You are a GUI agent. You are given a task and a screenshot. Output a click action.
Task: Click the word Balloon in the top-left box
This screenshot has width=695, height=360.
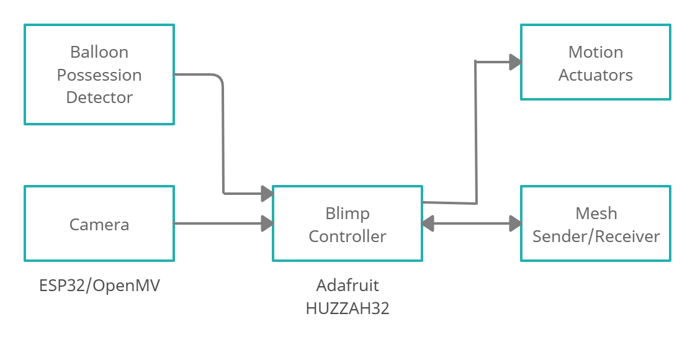click(99, 52)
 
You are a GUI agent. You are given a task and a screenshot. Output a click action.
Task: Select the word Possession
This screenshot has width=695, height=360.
click(99, 75)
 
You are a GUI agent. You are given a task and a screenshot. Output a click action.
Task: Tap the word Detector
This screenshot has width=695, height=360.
click(99, 97)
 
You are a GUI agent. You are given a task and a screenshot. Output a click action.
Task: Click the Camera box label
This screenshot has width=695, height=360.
click(99, 224)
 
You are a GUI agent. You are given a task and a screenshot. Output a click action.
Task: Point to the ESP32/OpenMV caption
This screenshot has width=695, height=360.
click(99, 286)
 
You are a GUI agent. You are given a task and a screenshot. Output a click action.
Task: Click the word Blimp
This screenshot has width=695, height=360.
click(347, 214)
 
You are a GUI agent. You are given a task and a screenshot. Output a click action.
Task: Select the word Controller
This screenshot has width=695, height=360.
click(347, 236)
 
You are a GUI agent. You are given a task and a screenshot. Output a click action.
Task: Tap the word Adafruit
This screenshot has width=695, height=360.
click(347, 286)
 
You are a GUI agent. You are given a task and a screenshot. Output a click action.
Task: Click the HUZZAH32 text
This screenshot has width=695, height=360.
click(347, 308)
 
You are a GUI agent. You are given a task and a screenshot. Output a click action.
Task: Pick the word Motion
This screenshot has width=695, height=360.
click(596, 52)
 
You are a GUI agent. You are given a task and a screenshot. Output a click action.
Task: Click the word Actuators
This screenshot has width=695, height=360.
click(596, 75)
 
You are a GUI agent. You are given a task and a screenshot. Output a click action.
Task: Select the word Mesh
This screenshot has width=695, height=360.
click(596, 214)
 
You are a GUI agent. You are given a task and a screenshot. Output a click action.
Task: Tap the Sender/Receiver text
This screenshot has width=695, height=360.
click(596, 236)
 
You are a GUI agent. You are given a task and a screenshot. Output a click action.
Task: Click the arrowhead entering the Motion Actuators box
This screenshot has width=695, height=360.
click(514, 61)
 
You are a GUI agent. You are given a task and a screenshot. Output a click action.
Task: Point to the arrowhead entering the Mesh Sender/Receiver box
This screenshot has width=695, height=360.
click(515, 223)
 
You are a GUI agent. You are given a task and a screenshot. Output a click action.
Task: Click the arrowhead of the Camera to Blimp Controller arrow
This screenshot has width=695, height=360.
click(267, 223)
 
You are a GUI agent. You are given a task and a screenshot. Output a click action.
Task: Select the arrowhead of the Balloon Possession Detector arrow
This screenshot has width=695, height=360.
click(267, 194)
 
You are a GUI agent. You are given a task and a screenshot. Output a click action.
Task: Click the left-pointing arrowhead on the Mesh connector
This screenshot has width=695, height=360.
click(428, 223)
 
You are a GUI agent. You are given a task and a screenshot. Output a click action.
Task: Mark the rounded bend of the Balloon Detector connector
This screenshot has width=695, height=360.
click(219, 78)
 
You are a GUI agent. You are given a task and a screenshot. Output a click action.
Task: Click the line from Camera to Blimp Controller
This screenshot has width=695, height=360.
click(217, 223)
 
